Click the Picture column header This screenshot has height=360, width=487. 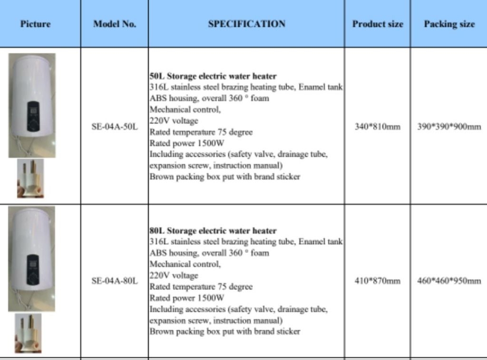point(35,24)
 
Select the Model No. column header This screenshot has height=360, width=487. point(114,24)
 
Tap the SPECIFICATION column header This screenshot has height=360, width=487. point(246,24)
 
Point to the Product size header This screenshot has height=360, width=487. point(378,24)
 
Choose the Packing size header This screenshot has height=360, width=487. point(449,24)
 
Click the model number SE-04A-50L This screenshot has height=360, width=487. point(114,127)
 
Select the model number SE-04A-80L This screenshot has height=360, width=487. point(114,281)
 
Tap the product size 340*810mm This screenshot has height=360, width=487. point(378,127)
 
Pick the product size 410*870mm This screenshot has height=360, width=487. point(378,281)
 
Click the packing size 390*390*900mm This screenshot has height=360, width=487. point(449,127)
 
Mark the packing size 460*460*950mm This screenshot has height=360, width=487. point(449,281)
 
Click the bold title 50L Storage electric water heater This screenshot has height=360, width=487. point(213,76)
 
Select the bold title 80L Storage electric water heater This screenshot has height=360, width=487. point(213,231)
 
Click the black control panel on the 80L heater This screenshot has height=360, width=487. point(32,270)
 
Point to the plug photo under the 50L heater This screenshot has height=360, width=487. point(30,178)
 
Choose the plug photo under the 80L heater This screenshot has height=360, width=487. point(28,333)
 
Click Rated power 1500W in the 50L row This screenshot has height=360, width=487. point(186,143)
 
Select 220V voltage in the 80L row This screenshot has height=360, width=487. point(174,275)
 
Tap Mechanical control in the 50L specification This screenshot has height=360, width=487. point(185,109)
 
